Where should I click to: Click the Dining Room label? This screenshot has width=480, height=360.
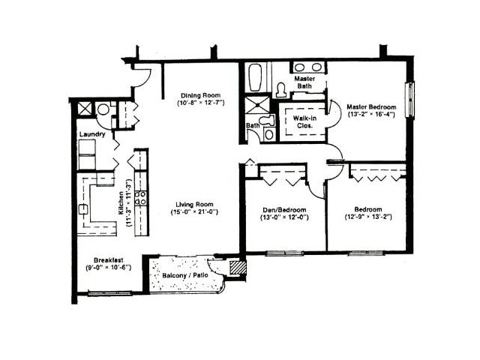coord(199,94)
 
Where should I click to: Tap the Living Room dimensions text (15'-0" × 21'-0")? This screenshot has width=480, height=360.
coord(195,213)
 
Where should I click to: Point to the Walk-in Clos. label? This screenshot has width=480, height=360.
coord(302,122)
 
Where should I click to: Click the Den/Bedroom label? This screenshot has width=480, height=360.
coord(284,209)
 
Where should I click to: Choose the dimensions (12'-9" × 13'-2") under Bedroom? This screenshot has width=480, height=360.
coord(367,217)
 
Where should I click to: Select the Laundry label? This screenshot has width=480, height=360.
coord(91,135)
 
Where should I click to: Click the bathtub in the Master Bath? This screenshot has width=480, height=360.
coord(255,77)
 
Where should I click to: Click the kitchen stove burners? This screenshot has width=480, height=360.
coord(140,199)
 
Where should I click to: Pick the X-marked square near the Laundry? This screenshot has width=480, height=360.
coord(85,109)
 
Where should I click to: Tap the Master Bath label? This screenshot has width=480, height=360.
coord(304,82)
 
